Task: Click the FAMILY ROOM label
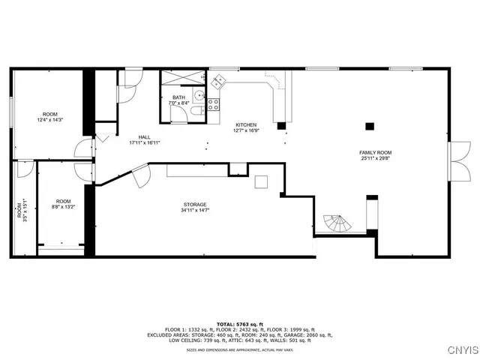375,152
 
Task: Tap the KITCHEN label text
246,124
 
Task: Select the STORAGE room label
195,205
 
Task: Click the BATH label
178,97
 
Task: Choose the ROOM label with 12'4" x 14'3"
49,114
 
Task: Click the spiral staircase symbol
337,223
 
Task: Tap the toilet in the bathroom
195,112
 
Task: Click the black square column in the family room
368,126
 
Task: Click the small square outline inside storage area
261,182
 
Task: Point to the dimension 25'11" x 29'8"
375,158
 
